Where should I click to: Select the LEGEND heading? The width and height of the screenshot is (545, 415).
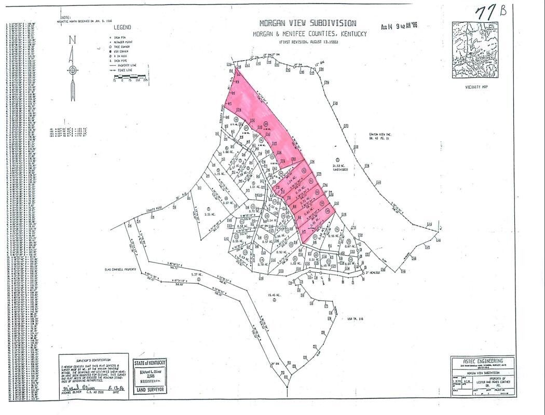coord(122,27)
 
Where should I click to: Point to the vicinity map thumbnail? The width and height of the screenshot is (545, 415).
coord(474,50)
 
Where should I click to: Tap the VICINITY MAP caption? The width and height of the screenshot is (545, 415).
coord(475,87)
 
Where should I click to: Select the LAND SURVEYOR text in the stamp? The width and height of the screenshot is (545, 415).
coord(150,390)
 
